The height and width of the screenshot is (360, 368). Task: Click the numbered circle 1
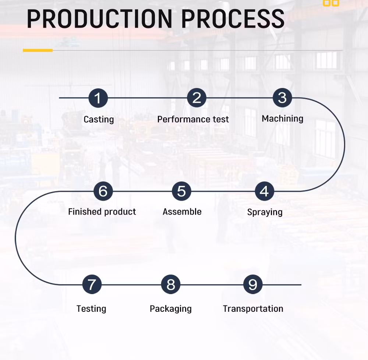[x=98, y=98]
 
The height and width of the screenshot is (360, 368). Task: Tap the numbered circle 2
[x=197, y=98]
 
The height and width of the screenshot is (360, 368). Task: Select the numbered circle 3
[x=282, y=98]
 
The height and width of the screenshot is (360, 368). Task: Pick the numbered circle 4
[x=264, y=191]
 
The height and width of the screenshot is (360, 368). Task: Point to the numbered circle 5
[x=181, y=191]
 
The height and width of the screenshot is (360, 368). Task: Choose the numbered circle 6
[x=103, y=191]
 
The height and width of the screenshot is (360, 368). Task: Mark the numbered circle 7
[x=92, y=285]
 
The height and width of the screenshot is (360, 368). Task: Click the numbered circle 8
[x=171, y=285]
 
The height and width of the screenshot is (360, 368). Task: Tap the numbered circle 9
[x=253, y=285]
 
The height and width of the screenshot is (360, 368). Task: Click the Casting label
[x=99, y=119]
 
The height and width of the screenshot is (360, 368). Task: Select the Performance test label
[x=193, y=119]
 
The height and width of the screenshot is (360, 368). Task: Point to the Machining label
[x=282, y=119]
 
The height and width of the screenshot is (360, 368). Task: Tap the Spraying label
[x=265, y=212]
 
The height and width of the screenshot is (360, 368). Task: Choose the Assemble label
[x=182, y=212]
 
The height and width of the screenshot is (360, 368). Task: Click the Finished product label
[x=102, y=212]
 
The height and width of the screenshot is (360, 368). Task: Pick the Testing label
[x=91, y=308]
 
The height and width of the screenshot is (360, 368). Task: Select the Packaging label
[x=170, y=308]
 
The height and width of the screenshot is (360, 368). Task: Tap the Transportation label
[x=253, y=308]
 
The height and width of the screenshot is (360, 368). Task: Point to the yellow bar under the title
[x=38, y=50]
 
